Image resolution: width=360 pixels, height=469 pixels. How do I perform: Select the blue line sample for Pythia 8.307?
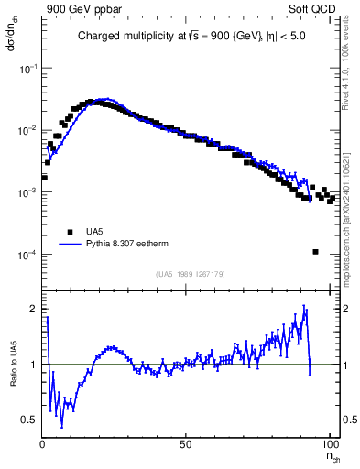[x=69, y=245]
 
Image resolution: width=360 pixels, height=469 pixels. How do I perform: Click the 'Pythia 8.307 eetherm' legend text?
[x=126, y=245]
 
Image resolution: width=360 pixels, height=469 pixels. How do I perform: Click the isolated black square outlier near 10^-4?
[x=315, y=252]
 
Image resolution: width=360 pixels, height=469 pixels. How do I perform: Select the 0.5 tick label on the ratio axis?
[x=31, y=420]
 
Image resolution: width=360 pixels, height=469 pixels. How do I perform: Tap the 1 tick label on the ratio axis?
[x=35, y=365]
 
